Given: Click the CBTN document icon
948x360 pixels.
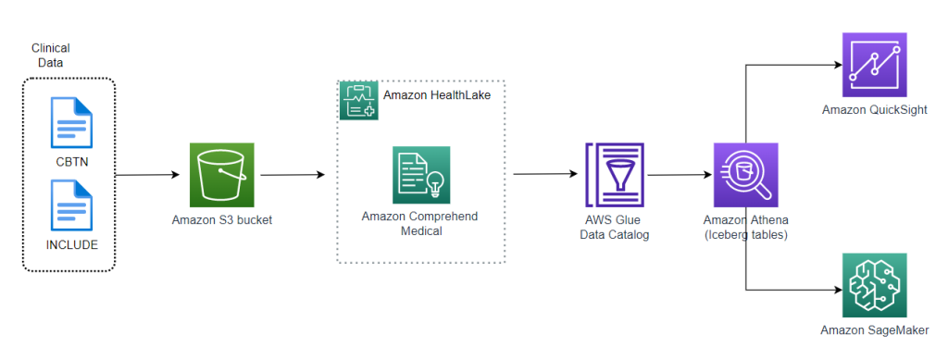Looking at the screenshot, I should pos(70,123).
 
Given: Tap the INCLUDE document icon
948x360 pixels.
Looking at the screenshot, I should pos(70,205).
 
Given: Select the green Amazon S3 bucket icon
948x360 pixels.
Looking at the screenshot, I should pos(221,175).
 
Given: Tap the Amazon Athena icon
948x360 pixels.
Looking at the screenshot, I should pos(746,175).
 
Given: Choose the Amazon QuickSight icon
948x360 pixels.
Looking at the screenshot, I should pos(874,65).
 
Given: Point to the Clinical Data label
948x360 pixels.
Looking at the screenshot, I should pos(50,55).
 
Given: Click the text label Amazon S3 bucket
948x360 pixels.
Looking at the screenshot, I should pos(221,219).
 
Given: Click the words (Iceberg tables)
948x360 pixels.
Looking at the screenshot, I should pos(746,234).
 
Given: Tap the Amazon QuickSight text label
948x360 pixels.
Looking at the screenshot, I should pos(874,111).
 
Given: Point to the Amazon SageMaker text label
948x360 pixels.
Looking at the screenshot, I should pos(874,330).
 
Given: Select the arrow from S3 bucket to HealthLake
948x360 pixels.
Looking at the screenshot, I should pos(293,174).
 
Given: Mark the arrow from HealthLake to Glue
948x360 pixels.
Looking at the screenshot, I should pos(546,174).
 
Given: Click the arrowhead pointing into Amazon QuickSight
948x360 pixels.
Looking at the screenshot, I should pos(836,65).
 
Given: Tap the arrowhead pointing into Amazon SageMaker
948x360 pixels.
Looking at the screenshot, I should pos(836,290).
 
